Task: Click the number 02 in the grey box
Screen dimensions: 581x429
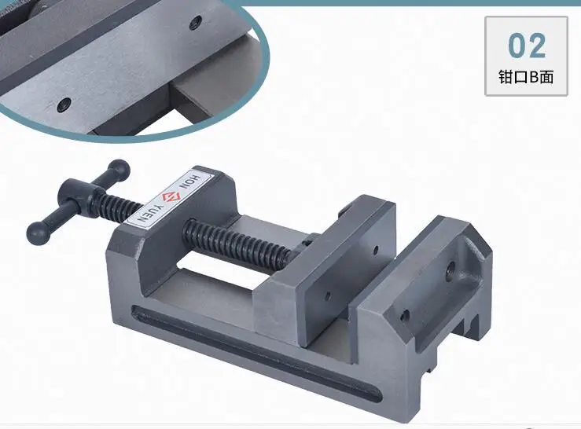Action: coord(527,46)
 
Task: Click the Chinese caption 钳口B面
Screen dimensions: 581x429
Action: coord(526,77)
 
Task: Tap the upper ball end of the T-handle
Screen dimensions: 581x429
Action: coord(119,170)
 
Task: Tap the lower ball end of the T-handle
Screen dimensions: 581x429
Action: coord(39,233)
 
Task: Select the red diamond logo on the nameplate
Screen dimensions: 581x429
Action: coord(171,196)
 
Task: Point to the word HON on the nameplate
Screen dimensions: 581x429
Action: coord(192,181)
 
